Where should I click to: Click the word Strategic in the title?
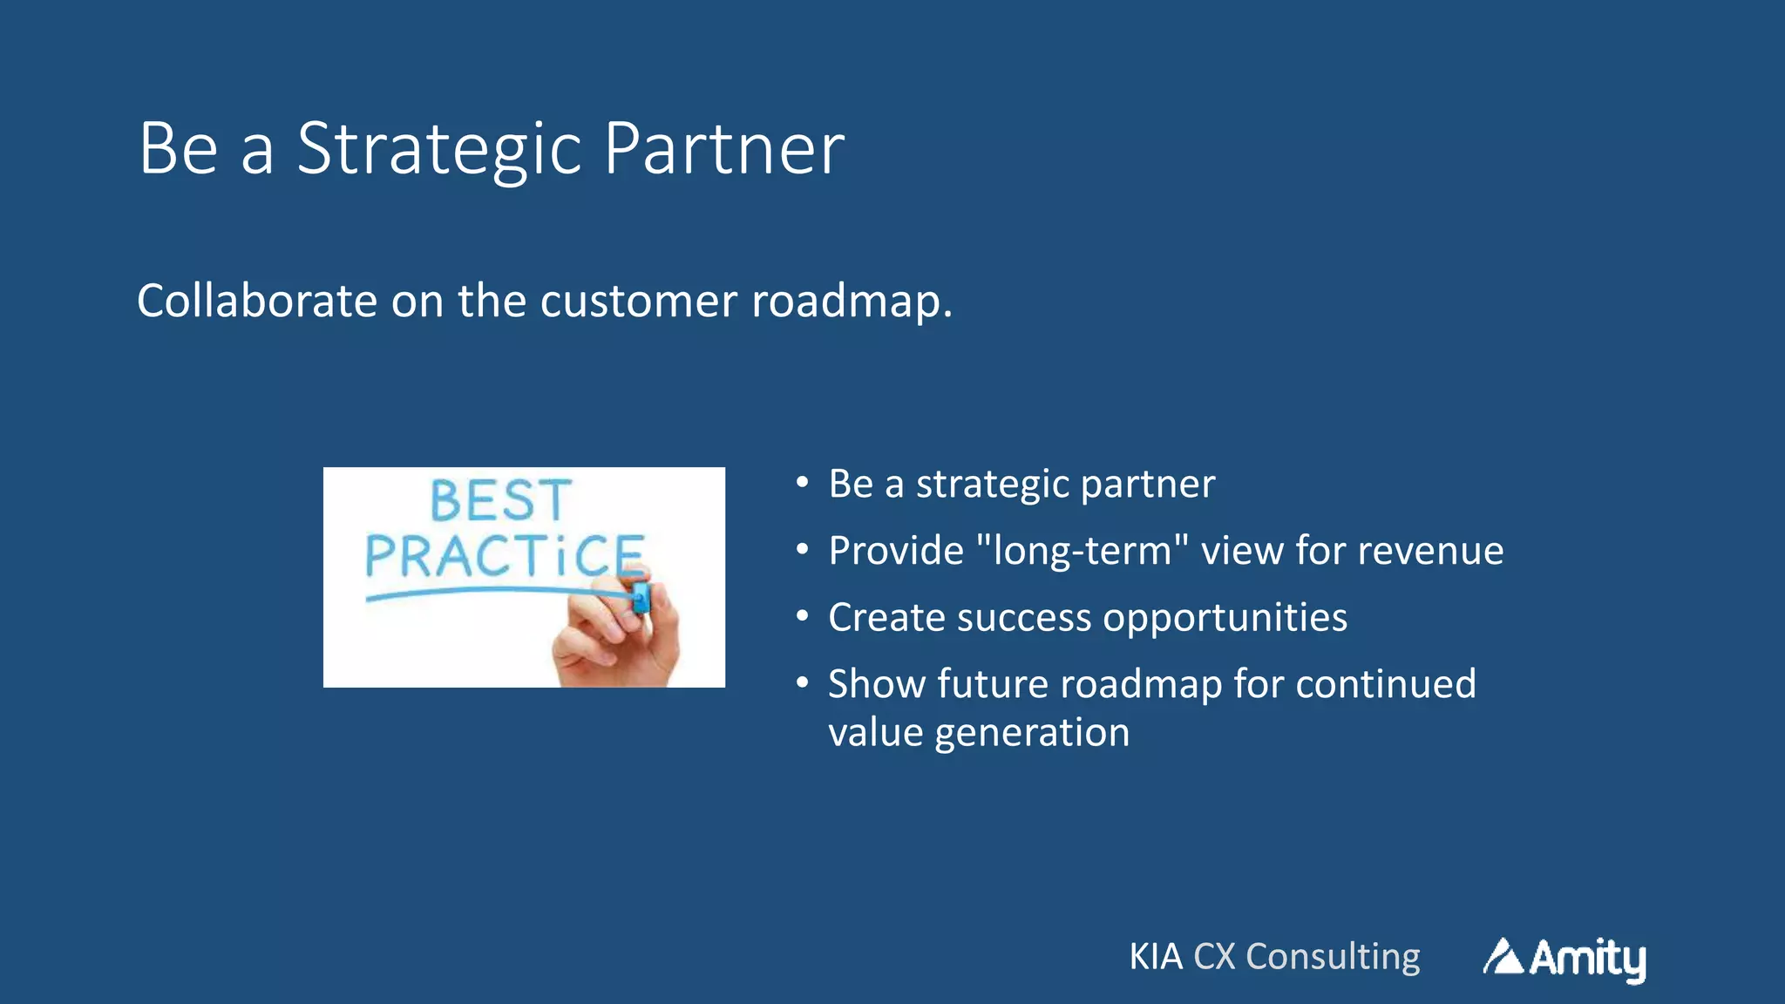pyautogui.click(x=438, y=150)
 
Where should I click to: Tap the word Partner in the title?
pyautogui.click(x=723, y=150)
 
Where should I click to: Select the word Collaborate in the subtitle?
pyautogui.click(x=257, y=302)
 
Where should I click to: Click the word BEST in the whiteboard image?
pyautogui.click(x=500, y=501)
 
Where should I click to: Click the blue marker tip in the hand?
pyautogui.click(x=641, y=598)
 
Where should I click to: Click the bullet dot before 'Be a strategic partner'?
pyautogui.click(x=803, y=483)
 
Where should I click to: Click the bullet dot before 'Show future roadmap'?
pyautogui.click(x=803, y=683)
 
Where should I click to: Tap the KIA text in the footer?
pyautogui.click(x=1156, y=957)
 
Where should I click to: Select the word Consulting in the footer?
pyautogui.click(x=1333, y=957)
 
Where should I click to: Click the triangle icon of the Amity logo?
pyautogui.click(x=1503, y=957)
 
